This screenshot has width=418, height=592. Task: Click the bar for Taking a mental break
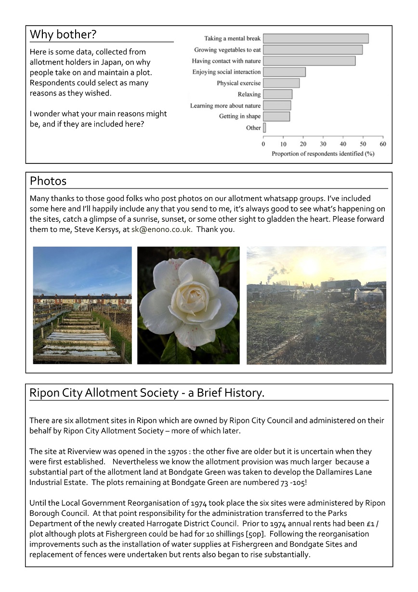315,39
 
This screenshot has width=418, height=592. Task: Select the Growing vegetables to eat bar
313,50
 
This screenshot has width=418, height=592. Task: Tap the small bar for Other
264,128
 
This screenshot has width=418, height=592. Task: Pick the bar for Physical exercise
281,83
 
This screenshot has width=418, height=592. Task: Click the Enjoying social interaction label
226,72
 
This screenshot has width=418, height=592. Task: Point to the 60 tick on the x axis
383,144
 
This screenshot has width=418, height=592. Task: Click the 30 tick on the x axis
323,144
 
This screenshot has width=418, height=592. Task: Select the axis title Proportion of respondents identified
323,154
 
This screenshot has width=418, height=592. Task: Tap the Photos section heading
48,181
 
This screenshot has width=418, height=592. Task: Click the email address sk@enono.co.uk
162,229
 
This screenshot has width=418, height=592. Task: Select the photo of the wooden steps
82,305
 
